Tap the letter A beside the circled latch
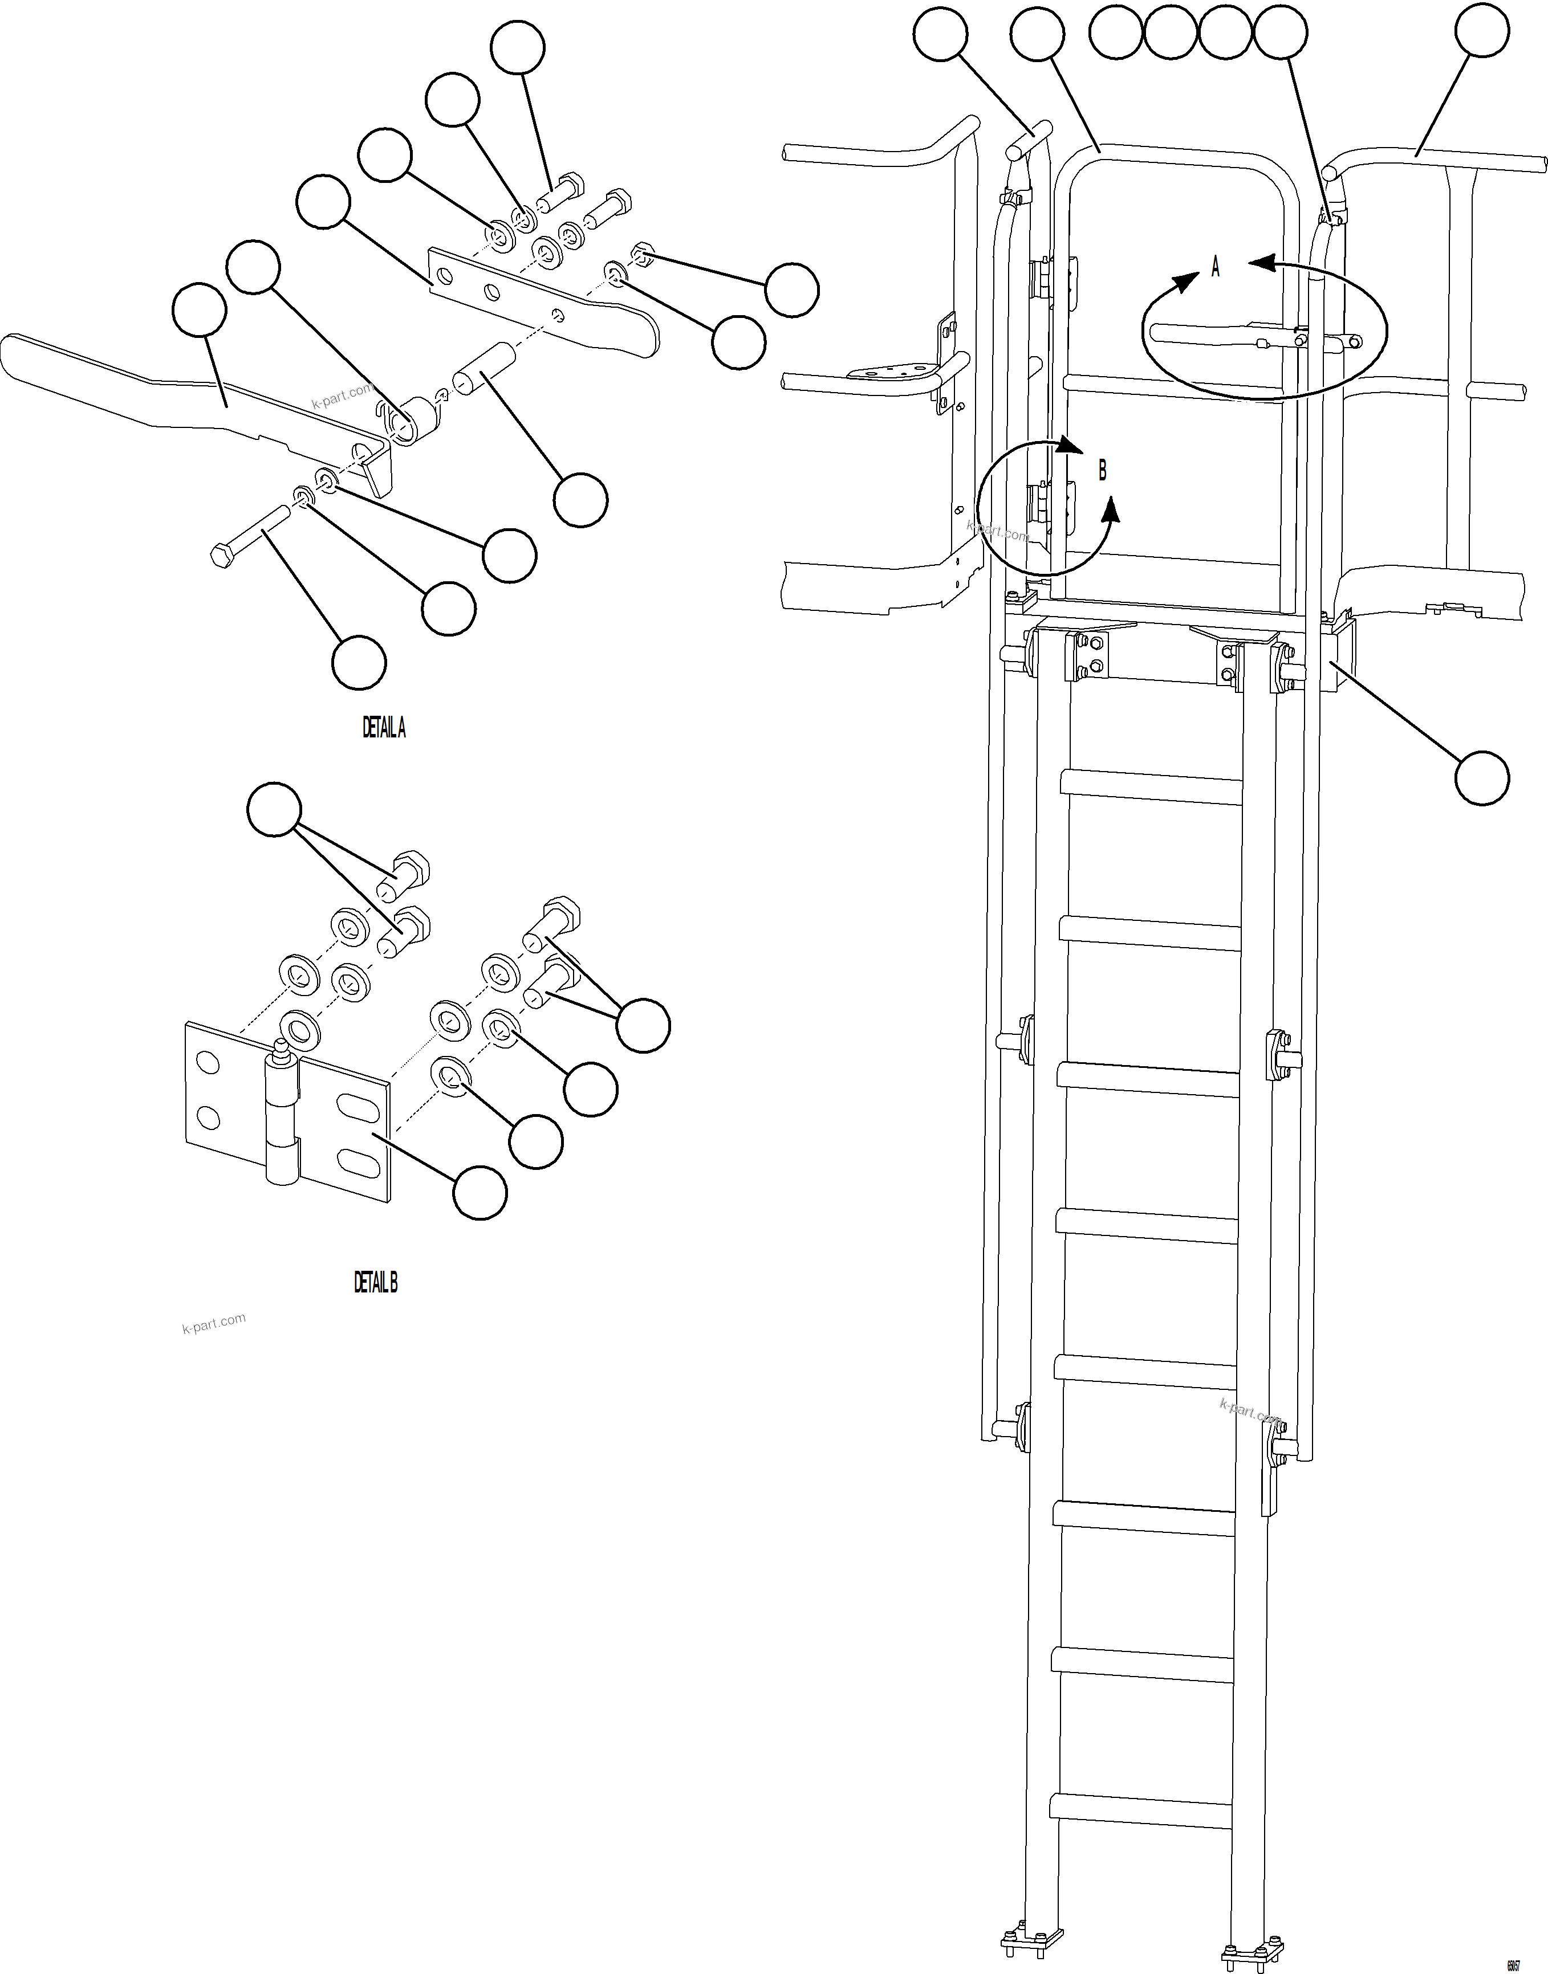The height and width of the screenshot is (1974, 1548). (x=1216, y=266)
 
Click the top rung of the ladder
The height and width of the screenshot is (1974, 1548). (x=1152, y=785)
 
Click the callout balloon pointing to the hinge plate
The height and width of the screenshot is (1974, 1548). (x=480, y=1192)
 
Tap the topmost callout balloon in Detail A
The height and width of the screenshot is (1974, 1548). (x=518, y=48)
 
